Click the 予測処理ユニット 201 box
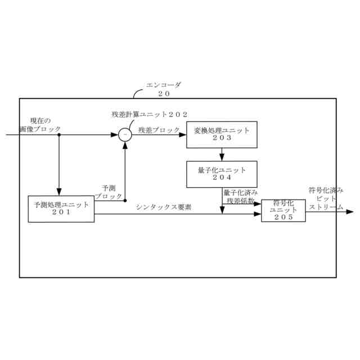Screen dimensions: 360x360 point(61,209)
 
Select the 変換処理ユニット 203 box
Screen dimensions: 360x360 point(222,134)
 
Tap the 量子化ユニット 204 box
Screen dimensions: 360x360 point(222,174)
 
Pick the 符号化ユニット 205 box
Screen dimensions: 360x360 point(283,210)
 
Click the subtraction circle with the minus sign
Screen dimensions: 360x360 point(124,135)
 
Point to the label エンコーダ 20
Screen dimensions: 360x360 point(164,88)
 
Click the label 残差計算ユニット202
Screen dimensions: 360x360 point(150,114)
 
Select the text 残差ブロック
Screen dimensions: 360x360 point(159,130)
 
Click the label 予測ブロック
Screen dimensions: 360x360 point(109,192)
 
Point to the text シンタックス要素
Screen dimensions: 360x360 point(163,207)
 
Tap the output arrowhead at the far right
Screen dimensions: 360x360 point(350,212)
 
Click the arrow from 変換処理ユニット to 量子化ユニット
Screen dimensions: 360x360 point(222,154)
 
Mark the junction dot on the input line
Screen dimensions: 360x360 point(59,135)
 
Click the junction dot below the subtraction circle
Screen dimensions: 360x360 point(124,200)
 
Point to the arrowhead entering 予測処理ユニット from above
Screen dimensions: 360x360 point(59,192)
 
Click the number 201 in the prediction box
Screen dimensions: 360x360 point(61,213)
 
